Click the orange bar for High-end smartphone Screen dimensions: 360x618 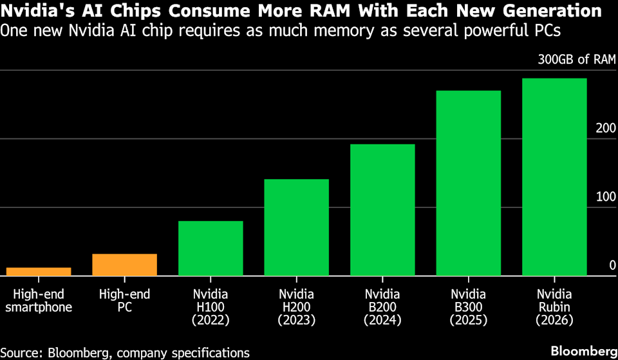(39, 271)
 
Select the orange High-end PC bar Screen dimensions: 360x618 (125, 265)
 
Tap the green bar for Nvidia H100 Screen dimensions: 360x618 (211, 248)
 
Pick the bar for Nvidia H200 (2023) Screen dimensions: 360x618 (297, 227)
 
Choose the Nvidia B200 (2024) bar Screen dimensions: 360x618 (382, 210)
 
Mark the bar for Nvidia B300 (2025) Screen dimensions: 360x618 (469, 183)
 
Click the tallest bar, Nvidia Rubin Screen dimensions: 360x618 (554, 177)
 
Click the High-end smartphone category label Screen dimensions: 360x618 (39, 301)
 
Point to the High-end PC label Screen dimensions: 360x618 (125, 301)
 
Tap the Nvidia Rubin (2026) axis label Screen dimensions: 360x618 (554, 307)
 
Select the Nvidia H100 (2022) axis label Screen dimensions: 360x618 (211, 307)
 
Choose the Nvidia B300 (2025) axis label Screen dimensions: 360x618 (469, 307)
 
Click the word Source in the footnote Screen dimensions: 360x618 (22, 352)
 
